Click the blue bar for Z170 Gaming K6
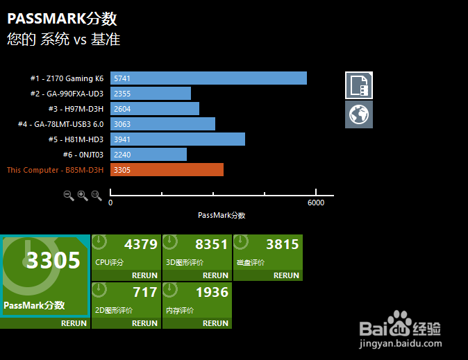point(208,78)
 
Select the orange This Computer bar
point(167,170)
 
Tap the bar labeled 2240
point(149,155)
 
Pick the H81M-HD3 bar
point(178,139)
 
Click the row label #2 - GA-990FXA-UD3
point(67,94)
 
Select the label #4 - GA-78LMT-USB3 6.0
point(60,124)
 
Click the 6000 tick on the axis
point(316,203)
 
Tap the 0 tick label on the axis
point(110,203)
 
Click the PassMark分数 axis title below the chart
point(222,215)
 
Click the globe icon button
point(359,114)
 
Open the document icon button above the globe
point(359,85)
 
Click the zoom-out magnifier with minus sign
point(69,196)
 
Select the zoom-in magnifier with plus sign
point(83,196)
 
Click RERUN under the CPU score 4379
point(144,275)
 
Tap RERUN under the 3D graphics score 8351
point(215,275)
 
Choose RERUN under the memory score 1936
point(215,323)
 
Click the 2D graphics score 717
point(145,292)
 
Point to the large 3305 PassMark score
point(53,260)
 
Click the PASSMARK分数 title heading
point(62,19)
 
